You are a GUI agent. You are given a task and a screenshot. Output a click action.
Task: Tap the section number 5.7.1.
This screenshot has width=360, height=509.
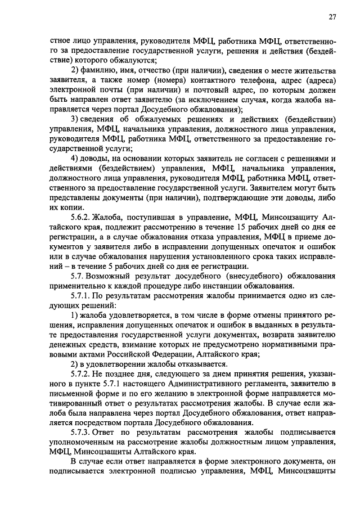[81, 295]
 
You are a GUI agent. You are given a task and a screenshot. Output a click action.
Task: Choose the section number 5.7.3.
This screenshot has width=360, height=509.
[81, 433]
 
